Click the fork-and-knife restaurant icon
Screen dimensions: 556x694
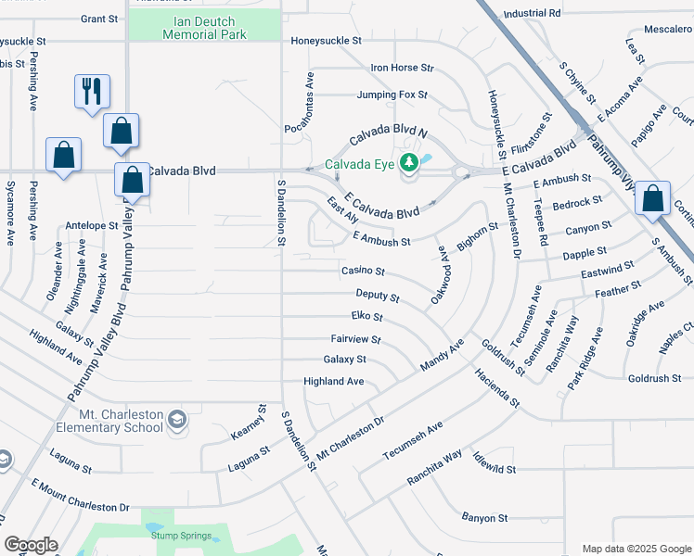point(92,91)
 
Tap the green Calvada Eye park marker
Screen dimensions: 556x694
point(408,164)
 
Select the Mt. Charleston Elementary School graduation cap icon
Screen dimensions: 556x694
point(176,421)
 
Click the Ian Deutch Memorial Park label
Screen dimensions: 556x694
point(204,26)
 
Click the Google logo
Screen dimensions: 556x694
point(31,545)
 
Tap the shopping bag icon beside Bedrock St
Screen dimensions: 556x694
point(653,197)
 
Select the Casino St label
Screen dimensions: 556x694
point(364,271)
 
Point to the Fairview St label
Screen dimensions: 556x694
point(355,339)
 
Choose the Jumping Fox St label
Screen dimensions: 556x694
point(392,95)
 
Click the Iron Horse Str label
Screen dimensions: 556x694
point(402,68)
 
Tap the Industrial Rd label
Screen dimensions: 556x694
point(532,14)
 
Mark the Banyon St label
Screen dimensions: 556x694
point(485,518)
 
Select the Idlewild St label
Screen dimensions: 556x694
point(493,464)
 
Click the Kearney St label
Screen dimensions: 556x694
point(261,422)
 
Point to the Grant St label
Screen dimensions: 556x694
point(98,18)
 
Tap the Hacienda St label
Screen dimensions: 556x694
point(496,392)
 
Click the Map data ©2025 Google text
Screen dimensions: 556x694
point(636,549)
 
